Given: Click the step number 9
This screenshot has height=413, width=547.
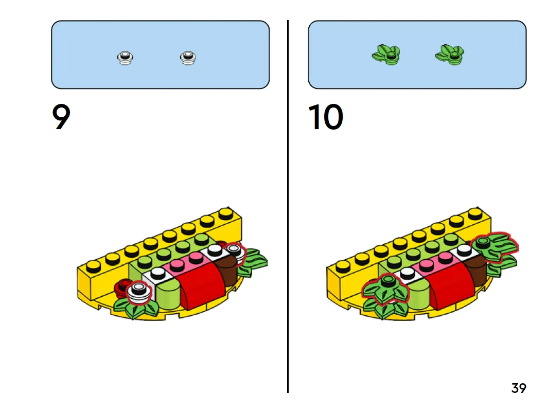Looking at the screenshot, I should click(x=61, y=118).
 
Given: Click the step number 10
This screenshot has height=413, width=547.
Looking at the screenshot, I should click(x=326, y=118).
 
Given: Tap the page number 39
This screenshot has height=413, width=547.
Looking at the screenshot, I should click(x=519, y=388).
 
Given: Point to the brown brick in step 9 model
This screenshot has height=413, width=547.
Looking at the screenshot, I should click(x=226, y=268).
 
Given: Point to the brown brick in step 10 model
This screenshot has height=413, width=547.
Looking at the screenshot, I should click(x=477, y=268).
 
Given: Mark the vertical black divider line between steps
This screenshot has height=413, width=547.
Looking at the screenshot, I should click(x=288, y=206).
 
